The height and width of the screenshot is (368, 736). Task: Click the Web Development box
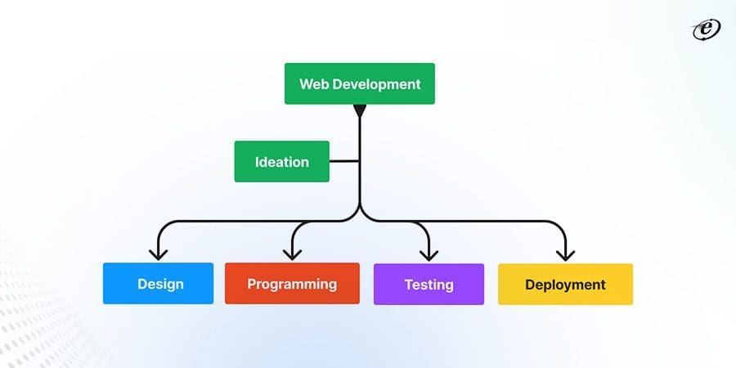360,84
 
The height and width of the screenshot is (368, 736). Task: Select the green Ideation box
282,161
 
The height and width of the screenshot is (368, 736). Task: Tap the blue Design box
158,284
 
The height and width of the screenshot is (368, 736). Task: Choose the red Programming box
292,284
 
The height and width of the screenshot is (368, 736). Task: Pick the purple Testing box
429,284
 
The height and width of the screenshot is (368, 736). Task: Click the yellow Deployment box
565,284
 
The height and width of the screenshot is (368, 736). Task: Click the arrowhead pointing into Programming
292,253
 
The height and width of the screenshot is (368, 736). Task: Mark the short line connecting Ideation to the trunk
344,161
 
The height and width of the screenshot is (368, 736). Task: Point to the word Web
315,84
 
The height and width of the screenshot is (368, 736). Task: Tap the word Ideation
282,162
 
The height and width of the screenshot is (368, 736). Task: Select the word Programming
292,285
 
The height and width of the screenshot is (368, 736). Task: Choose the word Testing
429,285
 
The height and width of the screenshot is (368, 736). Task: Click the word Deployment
565,285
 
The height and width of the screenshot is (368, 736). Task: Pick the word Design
160,285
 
